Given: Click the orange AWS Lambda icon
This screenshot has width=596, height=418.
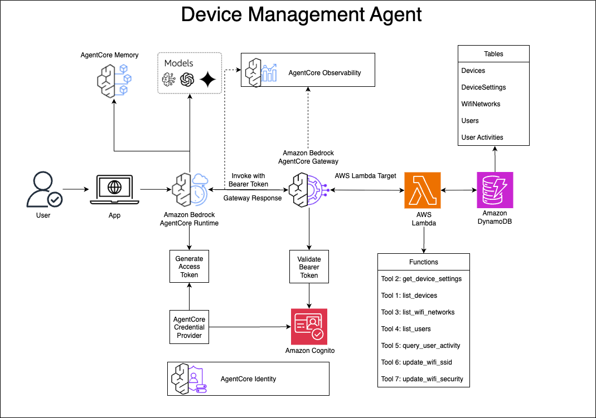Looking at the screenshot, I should [x=423, y=190].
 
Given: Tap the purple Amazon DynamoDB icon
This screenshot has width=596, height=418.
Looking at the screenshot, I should [x=495, y=190].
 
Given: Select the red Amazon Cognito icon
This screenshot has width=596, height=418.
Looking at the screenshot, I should [x=309, y=327].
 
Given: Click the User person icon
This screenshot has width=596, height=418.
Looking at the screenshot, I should [x=43, y=190].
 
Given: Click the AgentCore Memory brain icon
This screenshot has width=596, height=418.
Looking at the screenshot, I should [x=114, y=80].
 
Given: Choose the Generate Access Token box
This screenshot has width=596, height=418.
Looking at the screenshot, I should [x=189, y=267].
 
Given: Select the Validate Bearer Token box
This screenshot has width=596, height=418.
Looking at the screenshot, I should [x=309, y=267].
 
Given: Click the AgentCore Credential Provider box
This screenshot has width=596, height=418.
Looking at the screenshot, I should [x=189, y=327].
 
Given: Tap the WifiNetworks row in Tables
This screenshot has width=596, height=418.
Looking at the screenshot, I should [x=481, y=104].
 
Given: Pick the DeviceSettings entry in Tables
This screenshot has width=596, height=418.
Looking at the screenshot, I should [x=483, y=87].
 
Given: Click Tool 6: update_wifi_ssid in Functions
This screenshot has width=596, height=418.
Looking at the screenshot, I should [x=416, y=362].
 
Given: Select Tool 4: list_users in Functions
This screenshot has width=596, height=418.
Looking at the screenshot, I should [x=406, y=329].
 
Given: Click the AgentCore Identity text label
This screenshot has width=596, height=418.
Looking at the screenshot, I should [x=248, y=379].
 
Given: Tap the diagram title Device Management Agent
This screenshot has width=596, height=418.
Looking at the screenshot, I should [x=302, y=14].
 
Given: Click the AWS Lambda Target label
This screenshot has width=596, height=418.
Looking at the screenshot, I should [x=365, y=175].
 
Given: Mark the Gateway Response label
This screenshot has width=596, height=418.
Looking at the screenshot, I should [x=253, y=198].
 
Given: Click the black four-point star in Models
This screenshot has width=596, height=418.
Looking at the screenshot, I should [x=207, y=80].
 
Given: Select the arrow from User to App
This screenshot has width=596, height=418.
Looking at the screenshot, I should [x=75, y=190].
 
